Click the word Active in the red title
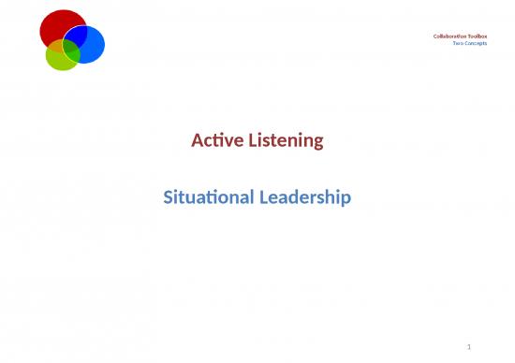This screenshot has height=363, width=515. click(213, 141)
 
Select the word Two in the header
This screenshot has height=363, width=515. click(458, 43)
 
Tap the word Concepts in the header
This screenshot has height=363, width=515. click(477, 43)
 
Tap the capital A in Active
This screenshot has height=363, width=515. click(196, 141)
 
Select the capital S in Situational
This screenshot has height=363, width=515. click(169, 197)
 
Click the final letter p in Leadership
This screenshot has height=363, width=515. click(346, 199)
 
